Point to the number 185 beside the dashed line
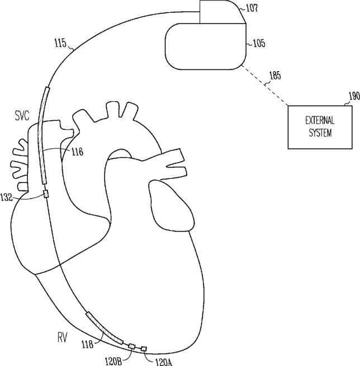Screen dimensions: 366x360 tap(276, 74)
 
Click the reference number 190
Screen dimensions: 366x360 tap(353, 97)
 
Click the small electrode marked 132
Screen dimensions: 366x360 tap(46, 194)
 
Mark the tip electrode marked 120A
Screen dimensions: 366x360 tap(144, 349)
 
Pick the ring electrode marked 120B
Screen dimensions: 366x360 tap(132, 346)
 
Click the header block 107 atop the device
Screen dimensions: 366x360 tap(222, 12)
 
